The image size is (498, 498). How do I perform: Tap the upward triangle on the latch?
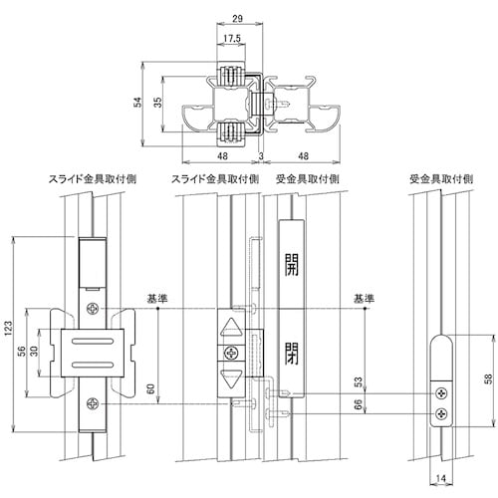(231, 328)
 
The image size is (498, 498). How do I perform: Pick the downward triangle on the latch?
(231, 378)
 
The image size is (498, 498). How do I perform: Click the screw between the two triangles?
(231, 354)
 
